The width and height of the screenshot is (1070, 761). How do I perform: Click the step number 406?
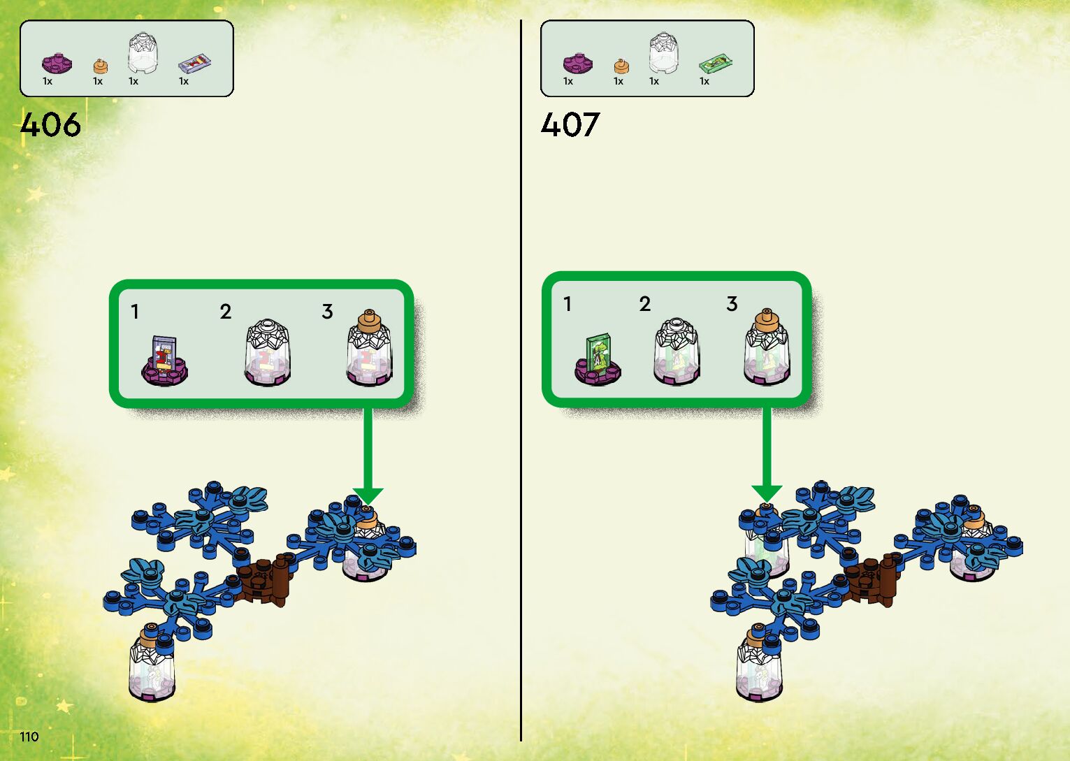pos(50,125)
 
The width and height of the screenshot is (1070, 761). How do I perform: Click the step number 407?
pos(570,125)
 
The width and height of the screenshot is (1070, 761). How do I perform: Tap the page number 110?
pos(29,736)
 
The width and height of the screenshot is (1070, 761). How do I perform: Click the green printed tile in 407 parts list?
pos(716,64)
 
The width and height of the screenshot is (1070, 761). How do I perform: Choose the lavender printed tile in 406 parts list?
pos(195,64)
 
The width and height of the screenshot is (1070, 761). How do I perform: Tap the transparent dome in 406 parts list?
pos(143,53)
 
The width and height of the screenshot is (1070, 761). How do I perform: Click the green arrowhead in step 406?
pos(368,495)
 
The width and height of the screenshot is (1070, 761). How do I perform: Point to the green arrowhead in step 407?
pos(767,493)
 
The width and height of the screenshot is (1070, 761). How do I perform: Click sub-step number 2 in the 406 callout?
pos(225,312)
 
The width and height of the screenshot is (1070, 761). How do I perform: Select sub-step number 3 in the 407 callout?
pos(732,304)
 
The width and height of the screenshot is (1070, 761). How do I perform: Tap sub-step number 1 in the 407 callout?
pos(567,304)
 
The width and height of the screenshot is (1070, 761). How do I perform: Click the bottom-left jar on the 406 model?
pos(152,667)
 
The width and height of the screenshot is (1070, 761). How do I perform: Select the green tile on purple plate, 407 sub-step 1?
pos(598,360)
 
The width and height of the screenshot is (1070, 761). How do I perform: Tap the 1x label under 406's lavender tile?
pos(184,82)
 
